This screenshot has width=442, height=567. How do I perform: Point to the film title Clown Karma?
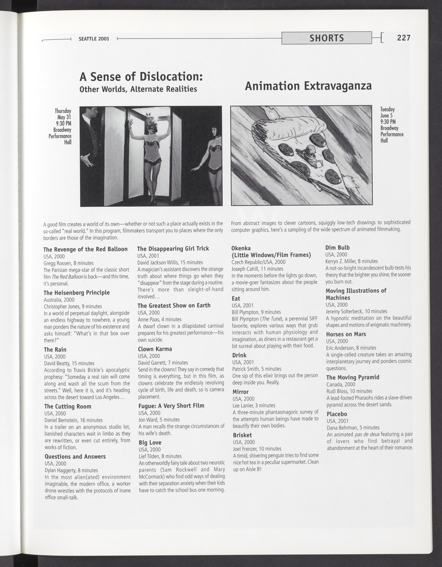(x=155, y=349)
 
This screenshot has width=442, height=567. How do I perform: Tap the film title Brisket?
(x=242, y=435)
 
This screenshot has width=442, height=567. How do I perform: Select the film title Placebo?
(x=337, y=414)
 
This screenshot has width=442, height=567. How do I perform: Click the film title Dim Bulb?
(x=337, y=248)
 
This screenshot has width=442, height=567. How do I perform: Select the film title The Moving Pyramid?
(x=353, y=378)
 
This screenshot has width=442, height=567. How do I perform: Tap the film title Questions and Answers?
(x=75, y=457)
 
